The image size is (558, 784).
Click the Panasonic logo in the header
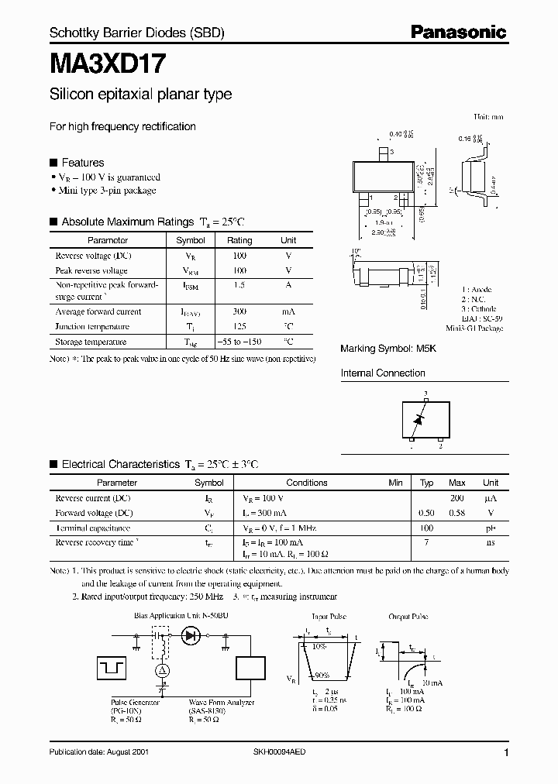pos(458,32)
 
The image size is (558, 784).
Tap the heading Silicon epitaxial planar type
pos(140,95)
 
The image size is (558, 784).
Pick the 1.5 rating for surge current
pos(239,286)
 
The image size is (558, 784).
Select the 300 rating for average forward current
pos(239,311)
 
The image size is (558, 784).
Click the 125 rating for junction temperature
pos(239,326)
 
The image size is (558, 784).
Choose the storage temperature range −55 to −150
pos(239,342)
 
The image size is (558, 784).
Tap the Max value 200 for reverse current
pos(456,498)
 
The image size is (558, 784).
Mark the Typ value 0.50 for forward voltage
pos(426,513)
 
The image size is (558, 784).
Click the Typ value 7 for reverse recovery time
pos(426,542)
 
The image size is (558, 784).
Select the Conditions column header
pos(307,483)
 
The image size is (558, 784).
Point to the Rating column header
pos(239,240)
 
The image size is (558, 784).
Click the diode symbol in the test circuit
pos(191,635)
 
